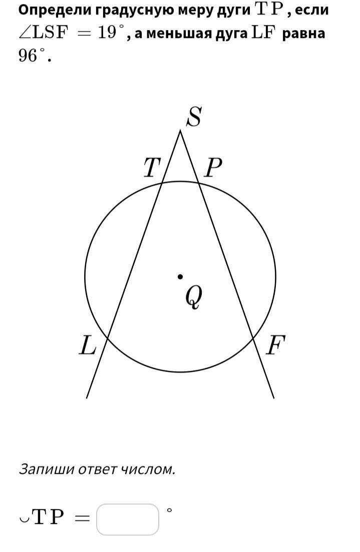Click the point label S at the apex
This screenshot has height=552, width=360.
tap(194, 118)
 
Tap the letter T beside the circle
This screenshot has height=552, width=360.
tap(151, 168)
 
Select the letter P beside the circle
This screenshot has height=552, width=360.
tap(213, 168)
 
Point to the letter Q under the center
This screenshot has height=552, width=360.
tap(193, 297)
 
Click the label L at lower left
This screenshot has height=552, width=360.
tap(88, 345)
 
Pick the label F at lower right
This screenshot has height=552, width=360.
tap(275, 345)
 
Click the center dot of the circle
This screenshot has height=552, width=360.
tap(180, 276)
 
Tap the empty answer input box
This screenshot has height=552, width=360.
tap(128, 519)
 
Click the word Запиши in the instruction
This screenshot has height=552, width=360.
tap(43, 469)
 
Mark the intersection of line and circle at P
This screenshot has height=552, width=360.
tap(199, 183)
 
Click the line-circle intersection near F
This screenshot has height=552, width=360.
tap(253, 339)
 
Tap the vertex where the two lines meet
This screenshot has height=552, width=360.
tap(180, 130)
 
